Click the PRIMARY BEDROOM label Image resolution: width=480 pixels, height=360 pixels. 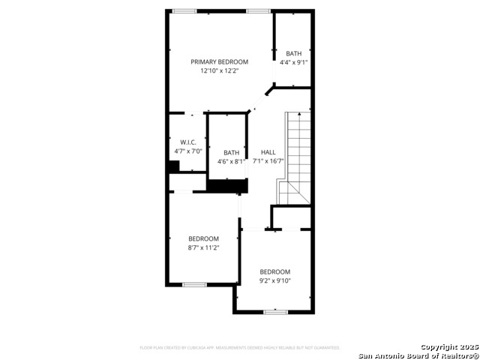click(x=219, y=61)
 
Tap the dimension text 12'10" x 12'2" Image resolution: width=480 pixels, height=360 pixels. click(x=219, y=71)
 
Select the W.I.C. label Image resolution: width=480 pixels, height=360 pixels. click(x=187, y=142)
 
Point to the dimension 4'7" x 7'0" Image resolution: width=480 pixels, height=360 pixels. click(x=187, y=151)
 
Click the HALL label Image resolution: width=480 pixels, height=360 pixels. click(x=268, y=152)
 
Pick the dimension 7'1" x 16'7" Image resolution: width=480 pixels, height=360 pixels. click(x=268, y=161)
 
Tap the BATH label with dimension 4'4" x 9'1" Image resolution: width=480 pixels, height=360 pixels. click(x=293, y=53)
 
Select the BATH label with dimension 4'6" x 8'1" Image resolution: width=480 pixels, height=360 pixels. click(x=231, y=152)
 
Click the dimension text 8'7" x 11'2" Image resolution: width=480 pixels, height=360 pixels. click(x=203, y=247)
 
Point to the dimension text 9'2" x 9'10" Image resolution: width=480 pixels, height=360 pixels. click(x=275, y=281)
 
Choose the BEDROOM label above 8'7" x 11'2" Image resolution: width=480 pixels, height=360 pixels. click(x=203, y=238)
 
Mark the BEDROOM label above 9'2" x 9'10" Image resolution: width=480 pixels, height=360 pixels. click(x=275, y=271)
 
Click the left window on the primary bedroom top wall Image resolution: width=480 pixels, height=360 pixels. click(x=184, y=10)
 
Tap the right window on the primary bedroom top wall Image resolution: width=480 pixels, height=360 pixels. click(x=258, y=10)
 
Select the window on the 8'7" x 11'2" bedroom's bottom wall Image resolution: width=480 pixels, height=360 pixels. click(x=194, y=284)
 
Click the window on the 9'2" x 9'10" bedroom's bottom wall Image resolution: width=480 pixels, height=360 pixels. click(x=275, y=311)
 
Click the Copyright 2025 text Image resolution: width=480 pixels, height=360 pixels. click(x=448, y=347)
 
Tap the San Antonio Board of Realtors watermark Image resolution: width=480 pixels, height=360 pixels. click(x=418, y=355)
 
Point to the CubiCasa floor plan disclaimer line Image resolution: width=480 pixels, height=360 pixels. click(x=240, y=348)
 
